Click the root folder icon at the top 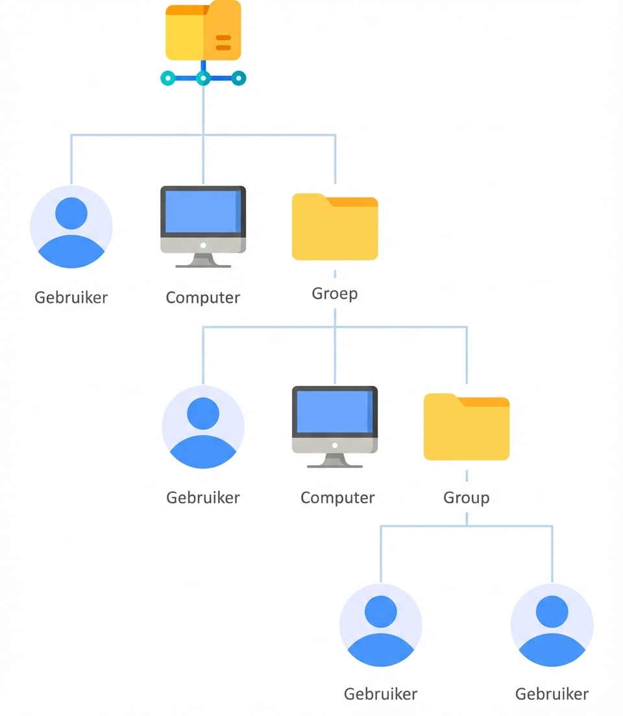pos(203,31)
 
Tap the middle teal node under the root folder pos(203,78)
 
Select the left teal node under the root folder pos(168,78)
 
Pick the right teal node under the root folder pos(239,78)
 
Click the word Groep pos(335,294)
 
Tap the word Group pos(467,498)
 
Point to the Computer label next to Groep pos(203,298)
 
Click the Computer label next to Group pos(337,498)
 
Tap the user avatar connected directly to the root pos(71,227)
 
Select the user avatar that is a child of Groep pos(203,427)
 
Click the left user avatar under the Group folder pos(381,625)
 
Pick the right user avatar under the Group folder pos(552,625)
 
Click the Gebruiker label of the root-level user pos(71,298)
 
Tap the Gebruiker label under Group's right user pos(552,694)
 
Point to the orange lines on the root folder pos(223,43)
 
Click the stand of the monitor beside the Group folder pos(335,461)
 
